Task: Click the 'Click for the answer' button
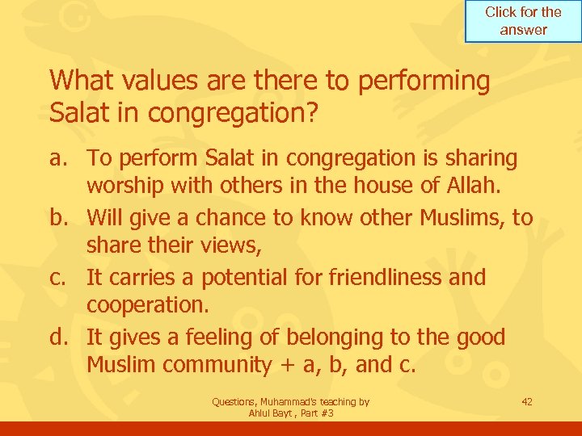coord(523,21)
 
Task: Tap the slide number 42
coord(527,401)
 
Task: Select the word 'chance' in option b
coord(242,218)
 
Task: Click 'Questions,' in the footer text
coord(234,401)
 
